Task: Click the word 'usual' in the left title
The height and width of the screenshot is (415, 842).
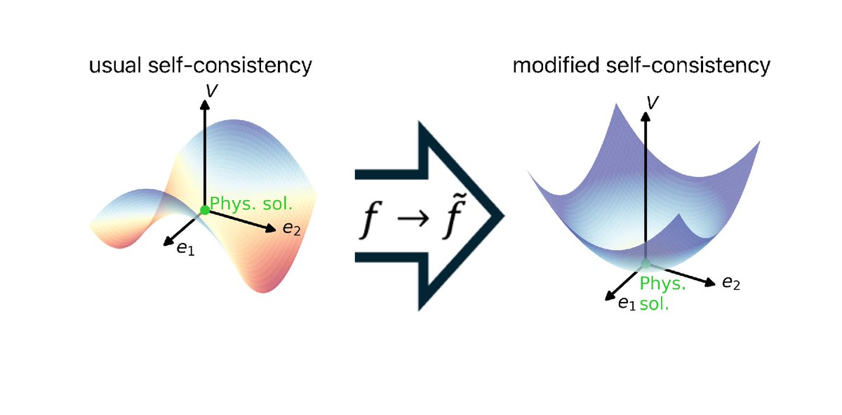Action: pyautogui.click(x=115, y=65)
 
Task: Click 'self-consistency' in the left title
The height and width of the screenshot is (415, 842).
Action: pyautogui.click(x=230, y=66)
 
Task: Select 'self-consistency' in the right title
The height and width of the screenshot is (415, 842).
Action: pyautogui.click(x=688, y=66)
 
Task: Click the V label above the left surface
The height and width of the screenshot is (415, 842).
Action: pyautogui.click(x=212, y=91)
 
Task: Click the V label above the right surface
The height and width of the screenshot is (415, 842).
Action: pyautogui.click(x=653, y=103)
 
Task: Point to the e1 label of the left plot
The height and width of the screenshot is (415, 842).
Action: pyautogui.click(x=186, y=249)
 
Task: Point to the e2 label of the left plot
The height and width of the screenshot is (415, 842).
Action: pyautogui.click(x=292, y=228)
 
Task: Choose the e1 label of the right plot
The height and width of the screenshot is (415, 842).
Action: pyautogui.click(x=627, y=303)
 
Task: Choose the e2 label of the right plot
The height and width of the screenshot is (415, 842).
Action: pyautogui.click(x=731, y=282)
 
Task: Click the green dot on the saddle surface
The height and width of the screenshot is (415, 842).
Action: pyautogui.click(x=205, y=210)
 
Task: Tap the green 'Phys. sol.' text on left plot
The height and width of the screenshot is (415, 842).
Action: pyautogui.click(x=251, y=204)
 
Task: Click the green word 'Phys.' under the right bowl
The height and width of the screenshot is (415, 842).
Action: pyautogui.click(x=662, y=283)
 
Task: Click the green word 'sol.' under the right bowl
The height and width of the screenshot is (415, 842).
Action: pyautogui.click(x=655, y=303)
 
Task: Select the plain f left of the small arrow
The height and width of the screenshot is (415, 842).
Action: pyautogui.click(x=370, y=220)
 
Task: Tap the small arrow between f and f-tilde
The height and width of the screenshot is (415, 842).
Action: pyautogui.click(x=413, y=218)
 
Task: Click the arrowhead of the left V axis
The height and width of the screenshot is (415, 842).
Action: pyautogui.click(x=205, y=105)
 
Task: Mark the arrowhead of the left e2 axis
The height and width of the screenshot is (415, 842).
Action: pyautogui.click(x=271, y=228)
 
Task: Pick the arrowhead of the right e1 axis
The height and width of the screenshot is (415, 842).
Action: pyautogui.click(x=610, y=296)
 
